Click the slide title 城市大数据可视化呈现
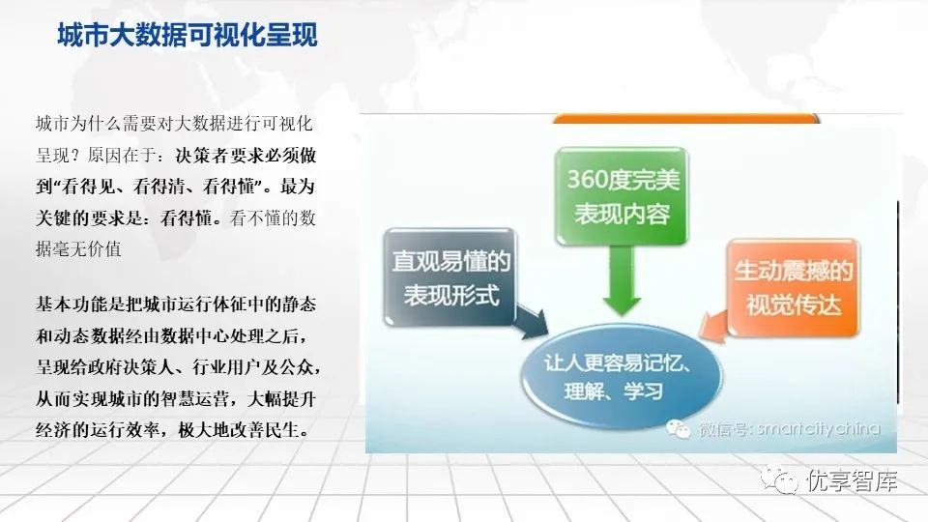188,35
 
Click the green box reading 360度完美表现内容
622,196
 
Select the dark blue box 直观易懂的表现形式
450,277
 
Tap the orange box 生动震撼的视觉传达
793,288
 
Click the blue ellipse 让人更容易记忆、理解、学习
622,376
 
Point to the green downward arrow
622,280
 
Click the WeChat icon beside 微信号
679,428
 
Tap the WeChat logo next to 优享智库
779,479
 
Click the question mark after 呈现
75,155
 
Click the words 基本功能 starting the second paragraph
72,304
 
